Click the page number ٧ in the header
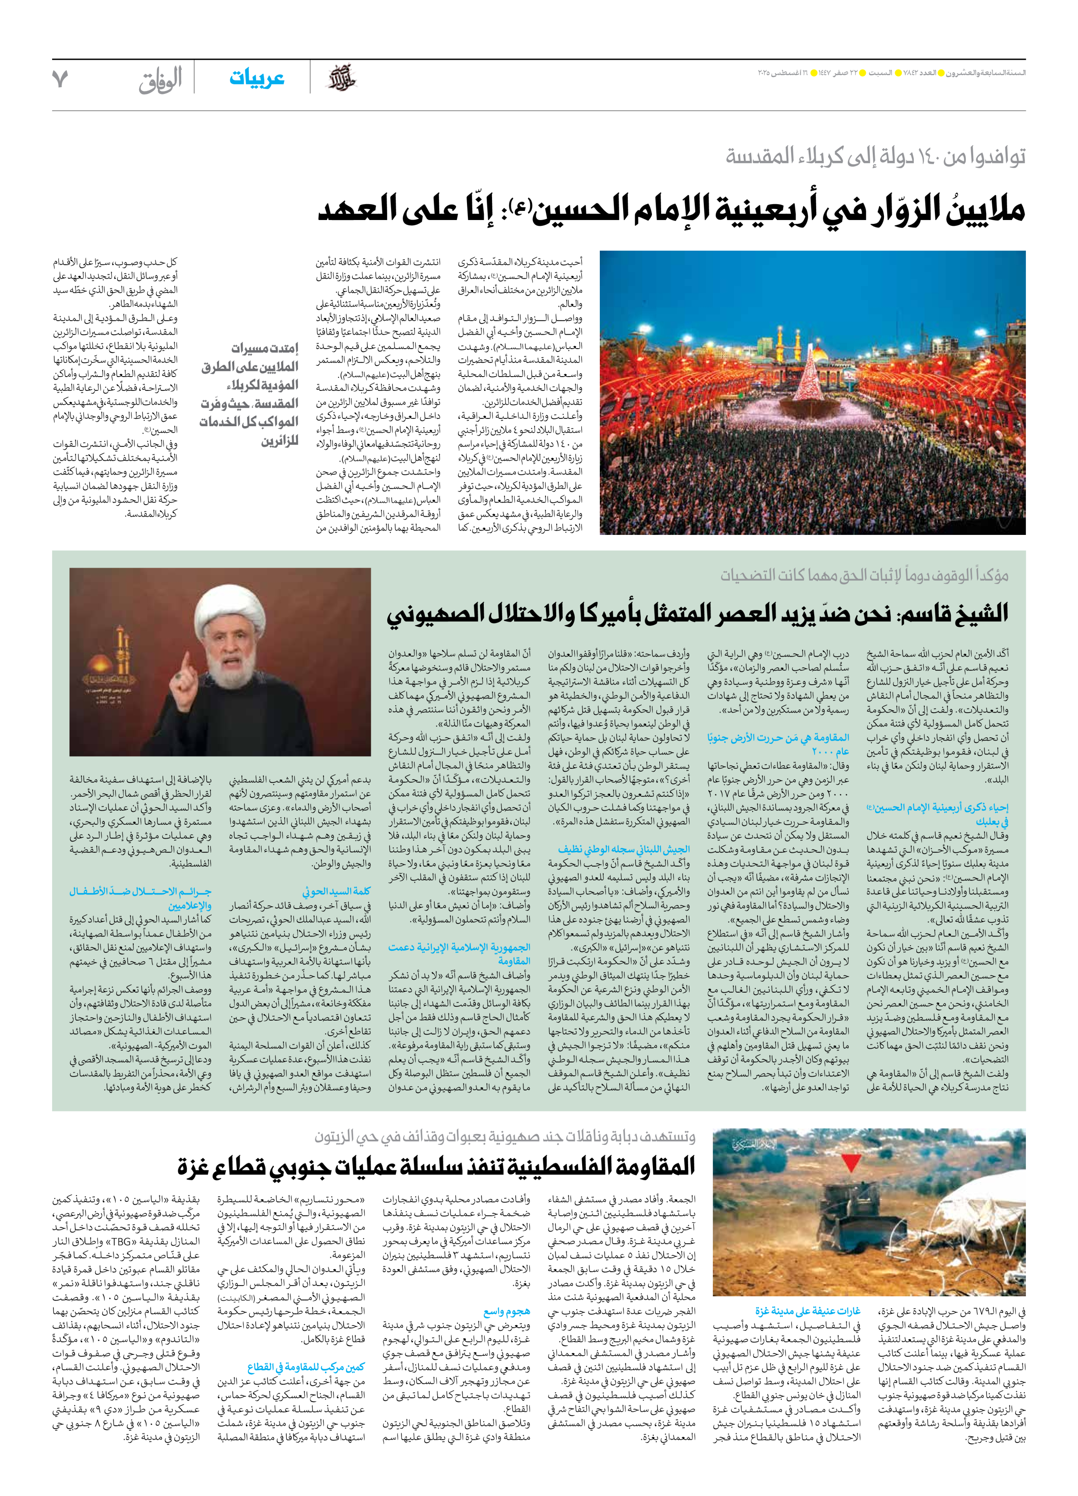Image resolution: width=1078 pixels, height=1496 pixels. coord(60,79)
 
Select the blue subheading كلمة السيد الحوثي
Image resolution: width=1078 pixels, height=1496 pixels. coord(336,891)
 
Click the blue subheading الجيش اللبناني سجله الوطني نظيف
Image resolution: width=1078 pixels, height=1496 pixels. coord(623,849)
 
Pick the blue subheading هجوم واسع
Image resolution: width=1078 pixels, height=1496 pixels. coord(506,1311)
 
